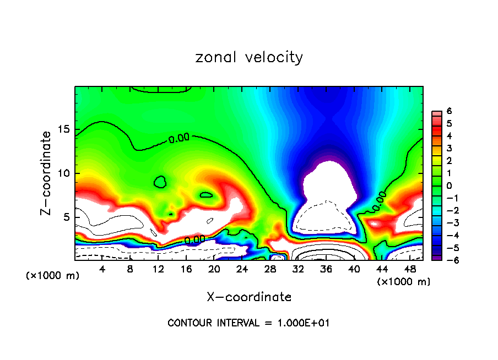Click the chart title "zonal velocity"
point(249,57)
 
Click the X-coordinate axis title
point(249,297)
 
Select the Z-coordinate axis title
point(48,173)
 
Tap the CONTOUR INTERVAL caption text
point(248,323)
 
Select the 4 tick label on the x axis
point(102,269)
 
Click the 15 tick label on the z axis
point(65,129)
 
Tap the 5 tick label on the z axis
point(68,217)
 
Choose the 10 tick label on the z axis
point(65,173)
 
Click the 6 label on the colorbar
point(449,111)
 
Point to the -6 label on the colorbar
point(447,260)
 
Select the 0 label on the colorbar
point(449,186)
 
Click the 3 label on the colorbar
point(449,148)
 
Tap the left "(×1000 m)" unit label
point(53,276)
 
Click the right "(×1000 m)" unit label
point(404,281)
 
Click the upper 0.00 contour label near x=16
point(179,138)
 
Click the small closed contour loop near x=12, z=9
point(160,182)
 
